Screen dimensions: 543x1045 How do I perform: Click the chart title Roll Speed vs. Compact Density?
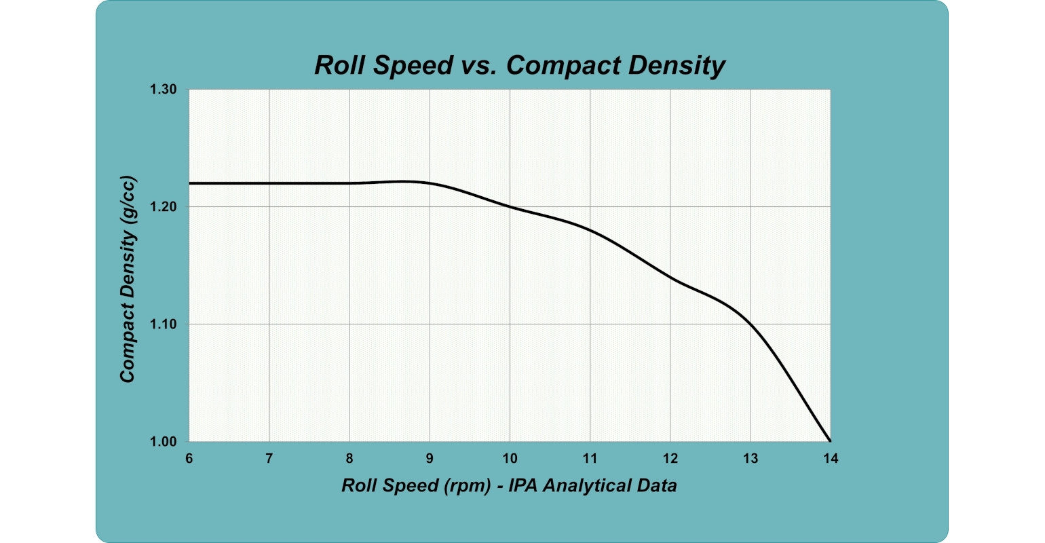pyautogui.click(x=520, y=65)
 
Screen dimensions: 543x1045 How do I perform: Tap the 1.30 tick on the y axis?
pyautogui.click(x=164, y=90)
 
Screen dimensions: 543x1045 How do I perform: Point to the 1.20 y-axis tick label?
pyautogui.click(x=164, y=207)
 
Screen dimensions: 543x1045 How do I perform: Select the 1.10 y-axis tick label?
pyautogui.click(x=164, y=324)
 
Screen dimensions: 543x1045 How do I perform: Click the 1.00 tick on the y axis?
pyautogui.click(x=164, y=442)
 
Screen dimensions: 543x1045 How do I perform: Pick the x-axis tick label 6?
pyautogui.click(x=189, y=459)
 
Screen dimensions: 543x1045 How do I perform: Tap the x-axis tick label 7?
pyautogui.click(x=269, y=459)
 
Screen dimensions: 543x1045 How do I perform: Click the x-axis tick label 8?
pyautogui.click(x=349, y=459)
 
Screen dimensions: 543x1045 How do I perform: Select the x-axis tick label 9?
pyautogui.click(x=430, y=459)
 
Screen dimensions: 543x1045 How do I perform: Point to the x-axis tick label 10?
pyautogui.click(x=510, y=459)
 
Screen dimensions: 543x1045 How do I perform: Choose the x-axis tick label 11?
pyautogui.click(x=590, y=459)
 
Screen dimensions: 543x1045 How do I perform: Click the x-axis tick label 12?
pyautogui.click(x=670, y=459)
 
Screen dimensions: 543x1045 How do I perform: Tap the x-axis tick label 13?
pyautogui.click(x=750, y=459)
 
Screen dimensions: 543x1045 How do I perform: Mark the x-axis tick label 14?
pyautogui.click(x=831, y=459)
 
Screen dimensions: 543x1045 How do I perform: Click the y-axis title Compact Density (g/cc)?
pyautogui.click(x=128, y=280)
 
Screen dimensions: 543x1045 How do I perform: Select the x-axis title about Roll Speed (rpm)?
pyautogui.click(x=509, y=485)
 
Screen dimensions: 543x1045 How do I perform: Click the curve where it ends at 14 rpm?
pyautogui.click(x=830, y=441)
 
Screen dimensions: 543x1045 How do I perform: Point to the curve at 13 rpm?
pyautogui.click(x=750, y=324)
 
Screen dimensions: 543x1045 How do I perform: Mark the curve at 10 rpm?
pyautogui.click(x=510, y=207)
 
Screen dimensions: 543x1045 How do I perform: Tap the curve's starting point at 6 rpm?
pyautogui.click(x=190, y=183)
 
